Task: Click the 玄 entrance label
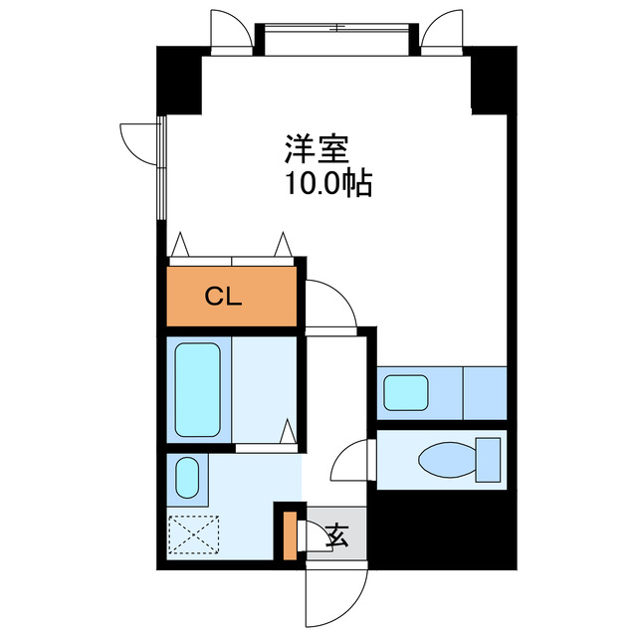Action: click(336, 537)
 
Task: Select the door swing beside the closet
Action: click(331, 304)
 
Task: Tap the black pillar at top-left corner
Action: click(179, 81)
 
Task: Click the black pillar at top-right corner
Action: click(492, 81)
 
